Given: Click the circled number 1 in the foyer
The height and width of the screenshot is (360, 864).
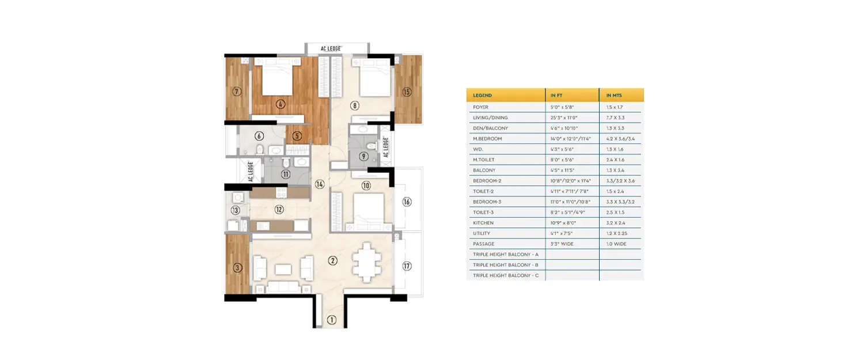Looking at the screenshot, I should click(331, 320).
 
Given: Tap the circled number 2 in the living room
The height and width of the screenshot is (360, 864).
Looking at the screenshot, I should click(332, 260).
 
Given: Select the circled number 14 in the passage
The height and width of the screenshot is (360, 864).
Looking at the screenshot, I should click(320, 184).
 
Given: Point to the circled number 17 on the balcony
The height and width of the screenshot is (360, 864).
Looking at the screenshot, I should click(407, 266).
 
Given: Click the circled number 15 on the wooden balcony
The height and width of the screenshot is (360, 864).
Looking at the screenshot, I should click(407, 92).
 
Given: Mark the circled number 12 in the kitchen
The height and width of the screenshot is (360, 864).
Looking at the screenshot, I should click(279, 210).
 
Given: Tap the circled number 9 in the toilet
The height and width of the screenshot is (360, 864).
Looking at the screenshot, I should click(363, 156).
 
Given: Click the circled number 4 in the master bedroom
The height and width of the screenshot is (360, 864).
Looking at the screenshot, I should click(281, 104).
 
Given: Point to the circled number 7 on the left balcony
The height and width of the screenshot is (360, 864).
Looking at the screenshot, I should click(236, 91).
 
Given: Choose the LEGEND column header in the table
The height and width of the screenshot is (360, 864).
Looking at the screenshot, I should click(482, 95).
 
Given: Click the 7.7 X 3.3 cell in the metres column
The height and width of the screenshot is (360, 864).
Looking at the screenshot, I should click(615, 118).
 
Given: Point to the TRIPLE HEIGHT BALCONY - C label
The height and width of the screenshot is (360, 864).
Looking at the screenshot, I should click(505, 275).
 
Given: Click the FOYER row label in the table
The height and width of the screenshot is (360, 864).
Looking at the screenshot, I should click(481, 107).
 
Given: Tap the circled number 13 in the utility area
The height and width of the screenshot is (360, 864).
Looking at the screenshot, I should click(235, 210).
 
